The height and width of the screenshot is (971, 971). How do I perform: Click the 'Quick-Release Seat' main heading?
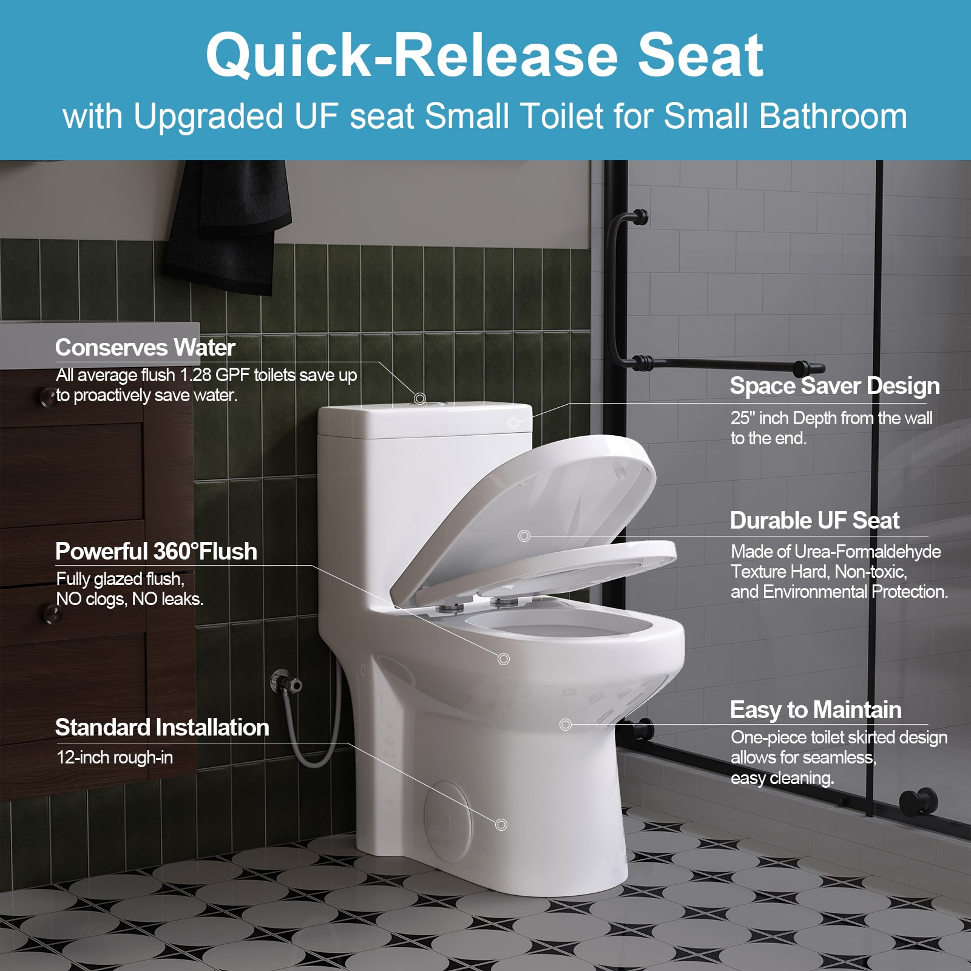[x=484, y=56]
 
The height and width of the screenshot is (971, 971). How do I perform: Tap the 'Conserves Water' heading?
[x=145, y=348]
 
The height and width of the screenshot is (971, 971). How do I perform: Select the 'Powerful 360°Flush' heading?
[x=156, y=552]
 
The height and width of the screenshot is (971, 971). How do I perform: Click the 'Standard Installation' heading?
[x=162, y=728]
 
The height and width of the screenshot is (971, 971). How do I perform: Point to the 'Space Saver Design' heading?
[x=834, y=386]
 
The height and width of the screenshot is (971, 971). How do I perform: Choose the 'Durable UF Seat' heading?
[x=814, y=521]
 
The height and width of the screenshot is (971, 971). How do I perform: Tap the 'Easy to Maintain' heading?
[x=816, y=710]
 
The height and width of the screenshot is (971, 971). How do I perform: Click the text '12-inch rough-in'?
[x=115, y=757]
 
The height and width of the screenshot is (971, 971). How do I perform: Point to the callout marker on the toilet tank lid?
[x=419, y=398]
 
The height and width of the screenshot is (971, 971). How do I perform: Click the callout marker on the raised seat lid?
[x=524, y=536]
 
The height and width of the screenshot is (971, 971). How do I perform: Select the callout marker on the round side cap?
[x=501, y=824]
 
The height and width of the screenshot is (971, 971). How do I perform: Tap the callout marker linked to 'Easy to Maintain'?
[x=566, y=724]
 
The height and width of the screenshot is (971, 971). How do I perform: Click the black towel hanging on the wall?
[x=228, y=225]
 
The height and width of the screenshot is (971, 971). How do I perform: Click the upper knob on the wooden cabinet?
[x=47, y=396]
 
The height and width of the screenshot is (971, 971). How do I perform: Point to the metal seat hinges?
[x=479, y=603]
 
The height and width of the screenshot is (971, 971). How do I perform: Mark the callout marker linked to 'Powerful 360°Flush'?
[x=503, y=659]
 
